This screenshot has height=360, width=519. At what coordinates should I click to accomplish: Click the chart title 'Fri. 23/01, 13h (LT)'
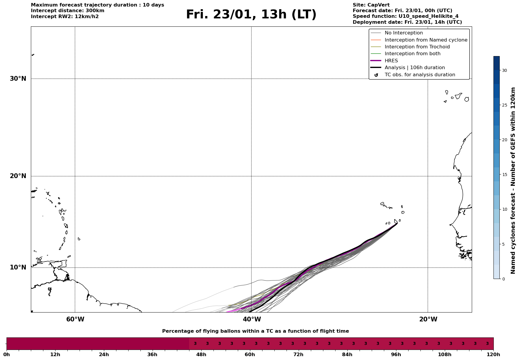[251, 15]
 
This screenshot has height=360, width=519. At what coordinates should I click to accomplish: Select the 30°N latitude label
[18, 79]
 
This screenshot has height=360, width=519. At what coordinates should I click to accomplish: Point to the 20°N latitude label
[18, 176]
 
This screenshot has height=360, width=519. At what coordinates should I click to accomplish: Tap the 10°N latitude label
[18, 267]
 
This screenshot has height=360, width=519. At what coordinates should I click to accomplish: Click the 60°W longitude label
[75, 319]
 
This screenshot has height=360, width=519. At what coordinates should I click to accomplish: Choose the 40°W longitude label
[251, 319]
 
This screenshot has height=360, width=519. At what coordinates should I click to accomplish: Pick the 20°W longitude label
[428, 319]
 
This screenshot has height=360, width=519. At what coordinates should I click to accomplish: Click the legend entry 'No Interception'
[404, 33]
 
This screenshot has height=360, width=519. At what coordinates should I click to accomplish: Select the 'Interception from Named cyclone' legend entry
[426, 40]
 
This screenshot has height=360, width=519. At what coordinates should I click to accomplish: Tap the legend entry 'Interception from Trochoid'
[417, 47]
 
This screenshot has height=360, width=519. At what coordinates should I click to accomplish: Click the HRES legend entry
[391, 61]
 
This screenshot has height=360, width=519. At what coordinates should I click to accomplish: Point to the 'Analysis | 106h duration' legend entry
[414, 68]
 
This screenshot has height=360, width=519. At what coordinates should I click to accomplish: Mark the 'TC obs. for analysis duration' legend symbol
[376, 75]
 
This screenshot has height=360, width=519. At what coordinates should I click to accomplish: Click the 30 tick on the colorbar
[504, 70]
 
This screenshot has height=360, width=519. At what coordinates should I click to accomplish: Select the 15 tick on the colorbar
[504, 175]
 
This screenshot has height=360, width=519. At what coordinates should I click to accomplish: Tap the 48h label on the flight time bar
[201, 354]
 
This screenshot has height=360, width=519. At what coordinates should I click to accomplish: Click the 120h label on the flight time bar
[493, 354]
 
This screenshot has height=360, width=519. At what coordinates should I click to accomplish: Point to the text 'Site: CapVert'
[371, 5]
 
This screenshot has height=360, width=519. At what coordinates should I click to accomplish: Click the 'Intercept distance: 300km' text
[67, 11]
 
